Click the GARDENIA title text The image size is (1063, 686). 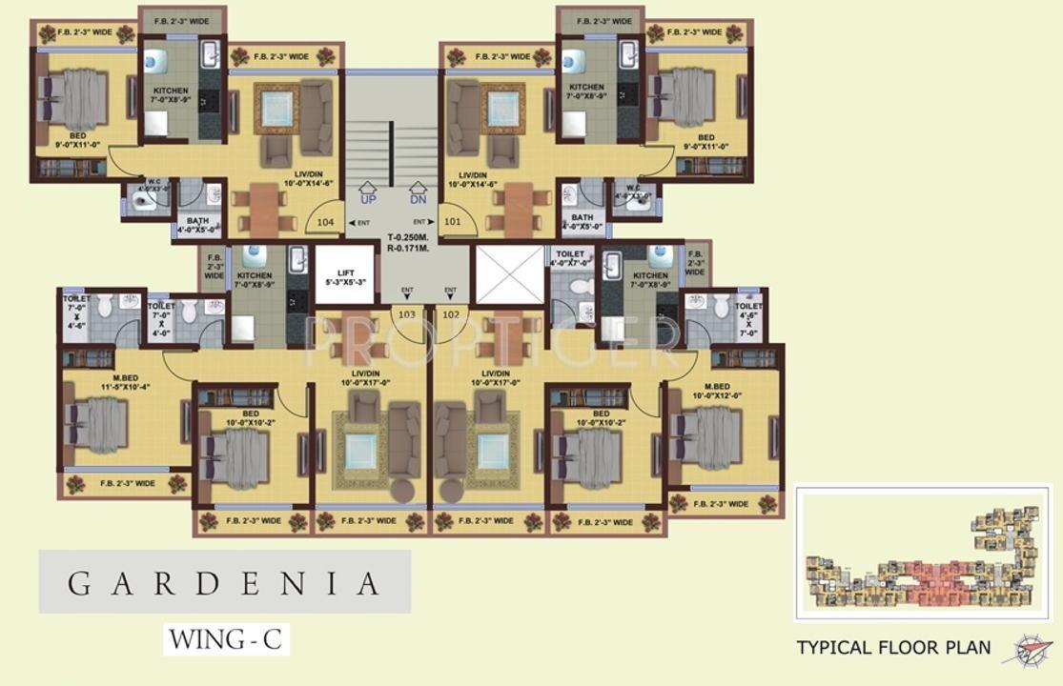224,583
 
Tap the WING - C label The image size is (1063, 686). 225,638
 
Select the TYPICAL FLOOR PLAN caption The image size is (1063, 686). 893,649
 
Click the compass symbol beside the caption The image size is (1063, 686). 1026,648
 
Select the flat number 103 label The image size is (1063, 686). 407,314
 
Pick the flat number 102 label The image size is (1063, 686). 451,314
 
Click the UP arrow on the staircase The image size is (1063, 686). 368,193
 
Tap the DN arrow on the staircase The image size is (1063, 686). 418,193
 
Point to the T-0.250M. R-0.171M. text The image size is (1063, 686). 408,243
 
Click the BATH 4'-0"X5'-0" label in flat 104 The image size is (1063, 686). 197,225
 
